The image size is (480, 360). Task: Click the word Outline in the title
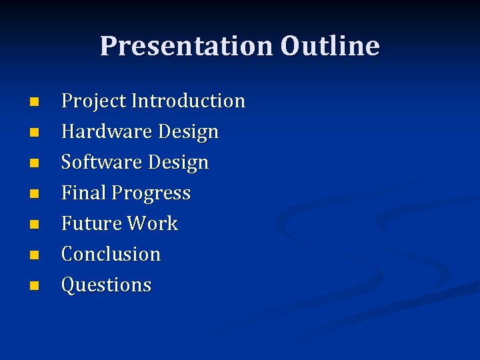(330, 47)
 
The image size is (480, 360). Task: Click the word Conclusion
(111, 254)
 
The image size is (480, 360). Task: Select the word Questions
(106, 285)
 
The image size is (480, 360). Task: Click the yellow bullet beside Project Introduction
(35, 103)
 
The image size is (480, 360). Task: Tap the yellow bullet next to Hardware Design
(35, 133)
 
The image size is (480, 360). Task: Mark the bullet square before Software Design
(35, 164)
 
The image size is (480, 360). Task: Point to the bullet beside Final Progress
(35, 195)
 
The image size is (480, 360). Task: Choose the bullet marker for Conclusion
(35, 255)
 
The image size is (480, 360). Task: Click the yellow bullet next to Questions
(35, 286)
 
